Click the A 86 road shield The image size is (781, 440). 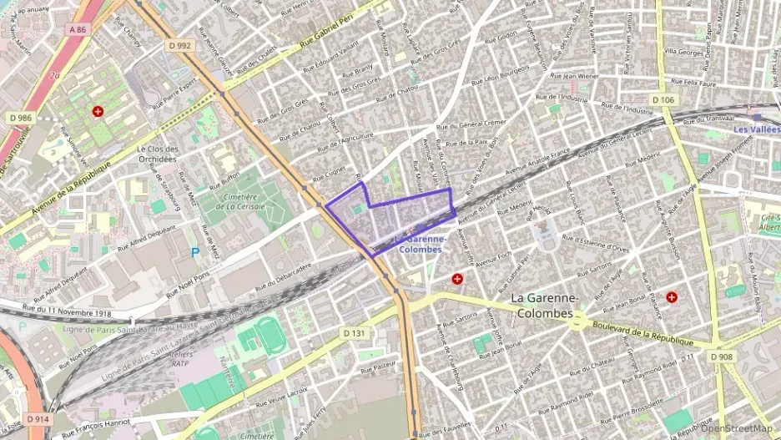point(78,30)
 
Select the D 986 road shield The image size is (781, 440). point(21,119)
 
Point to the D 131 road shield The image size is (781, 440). point(354,332)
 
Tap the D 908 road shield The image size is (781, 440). point(723,357)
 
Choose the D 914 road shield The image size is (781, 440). point(38,418)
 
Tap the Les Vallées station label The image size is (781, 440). point(757,129)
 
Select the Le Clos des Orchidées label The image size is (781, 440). point(157,154)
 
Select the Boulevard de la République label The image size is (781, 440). point(642,334)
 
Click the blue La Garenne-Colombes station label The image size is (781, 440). point(421,243)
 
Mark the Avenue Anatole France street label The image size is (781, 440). point(535,164)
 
